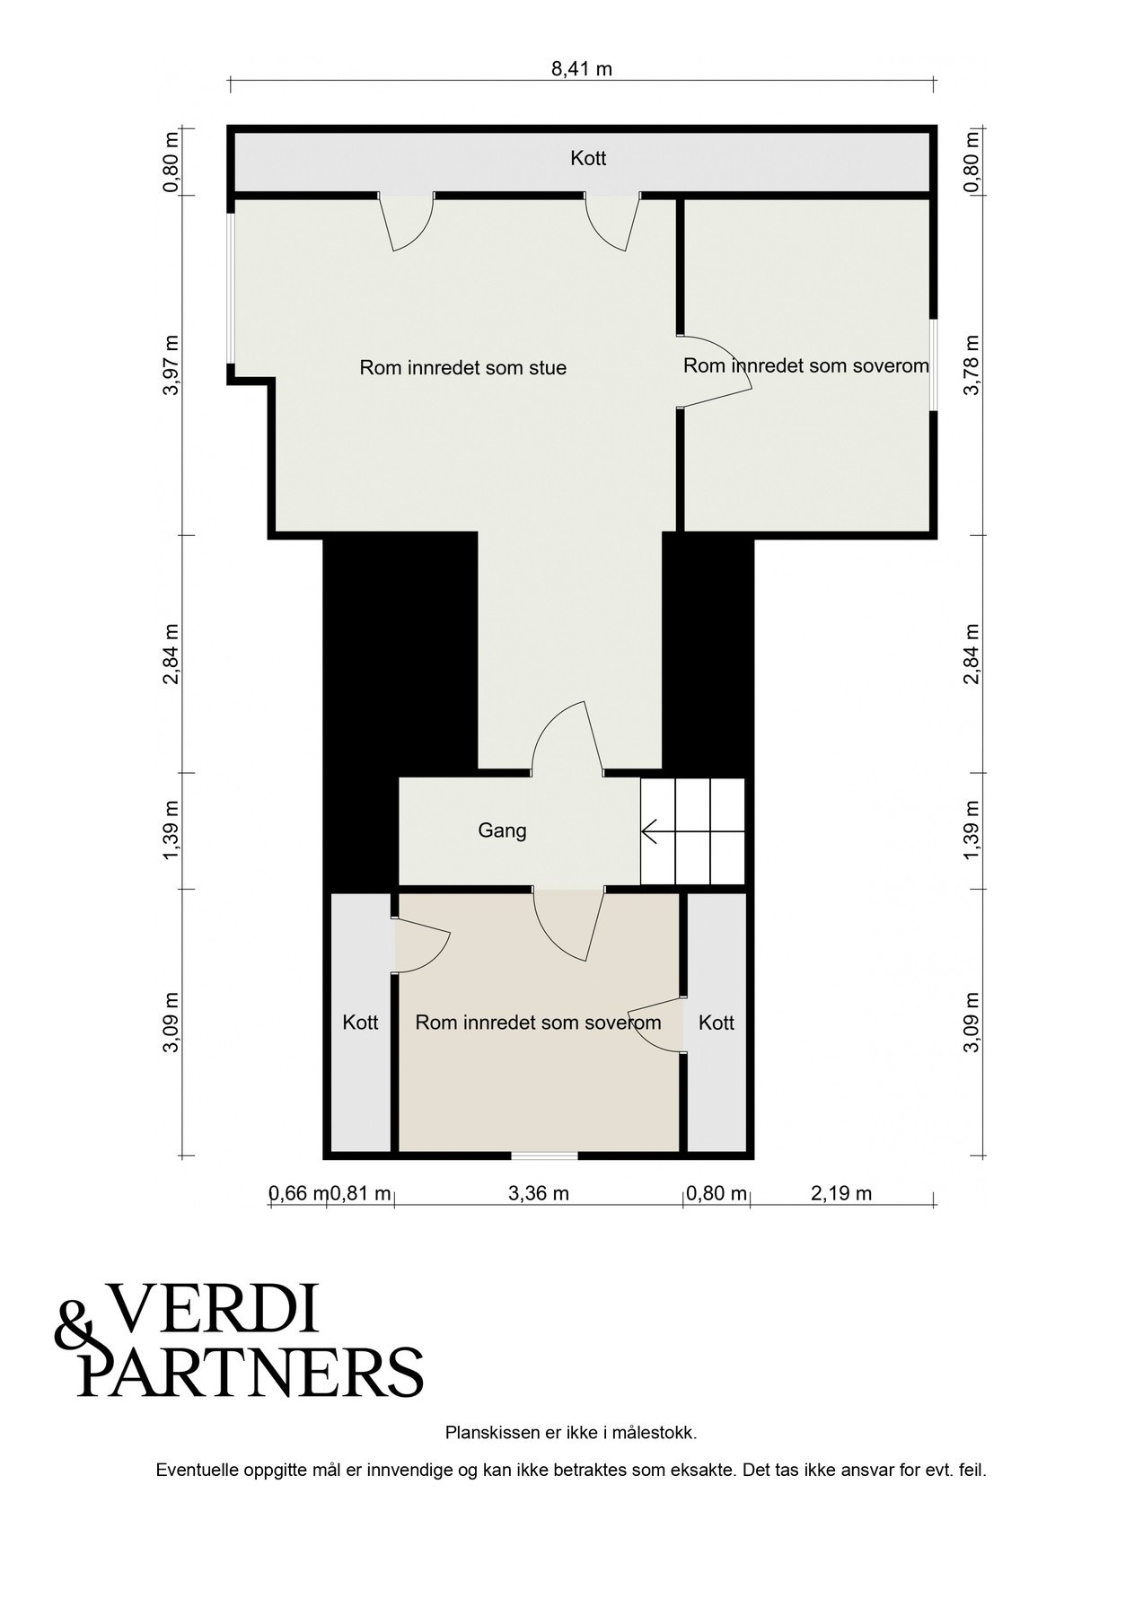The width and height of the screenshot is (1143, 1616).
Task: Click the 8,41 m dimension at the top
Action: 582,69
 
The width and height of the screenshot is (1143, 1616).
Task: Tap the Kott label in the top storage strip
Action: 588,159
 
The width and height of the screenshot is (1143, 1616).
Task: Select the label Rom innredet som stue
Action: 462,368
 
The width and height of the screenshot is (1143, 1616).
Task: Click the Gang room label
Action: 502,831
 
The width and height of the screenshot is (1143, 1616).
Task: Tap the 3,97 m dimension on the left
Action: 171,364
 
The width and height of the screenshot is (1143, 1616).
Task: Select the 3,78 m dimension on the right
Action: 971,364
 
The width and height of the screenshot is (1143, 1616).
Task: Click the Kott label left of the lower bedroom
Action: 360,1023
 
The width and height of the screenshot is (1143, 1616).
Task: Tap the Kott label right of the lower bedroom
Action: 717,1023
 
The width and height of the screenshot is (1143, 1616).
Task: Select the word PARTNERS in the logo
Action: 251,1372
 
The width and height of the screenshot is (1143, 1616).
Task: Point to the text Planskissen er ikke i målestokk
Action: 571,1433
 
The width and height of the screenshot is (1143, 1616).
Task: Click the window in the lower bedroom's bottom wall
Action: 545,1155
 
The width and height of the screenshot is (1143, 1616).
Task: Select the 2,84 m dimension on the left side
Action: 171,654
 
